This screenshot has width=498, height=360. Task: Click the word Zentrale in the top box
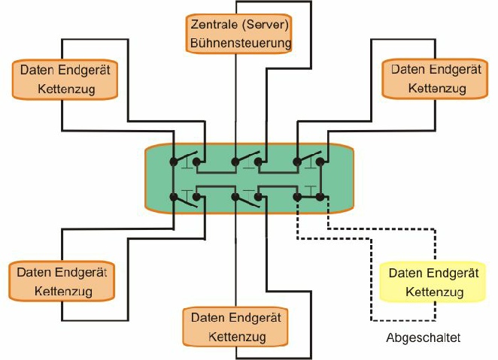[214, 25]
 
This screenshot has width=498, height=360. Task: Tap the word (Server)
[266, 25]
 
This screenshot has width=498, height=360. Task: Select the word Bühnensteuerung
[241, 43]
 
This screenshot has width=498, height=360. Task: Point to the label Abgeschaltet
[423, 338]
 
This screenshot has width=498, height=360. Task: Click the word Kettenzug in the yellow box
[435, 292]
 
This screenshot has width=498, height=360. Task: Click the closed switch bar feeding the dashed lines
[308, 197]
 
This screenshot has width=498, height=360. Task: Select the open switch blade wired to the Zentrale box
[247, 156]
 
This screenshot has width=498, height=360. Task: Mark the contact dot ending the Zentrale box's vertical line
[235, 162]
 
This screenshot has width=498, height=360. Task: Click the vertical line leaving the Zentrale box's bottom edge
[235, 106]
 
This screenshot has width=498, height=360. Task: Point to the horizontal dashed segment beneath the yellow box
[403, 320]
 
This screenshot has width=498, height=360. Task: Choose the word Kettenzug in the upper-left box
[66, 89]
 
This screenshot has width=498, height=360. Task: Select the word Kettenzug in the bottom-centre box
[237, 337]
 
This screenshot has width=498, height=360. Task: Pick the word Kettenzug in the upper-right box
[437, 88]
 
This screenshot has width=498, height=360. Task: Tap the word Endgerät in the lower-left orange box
[81, 273]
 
